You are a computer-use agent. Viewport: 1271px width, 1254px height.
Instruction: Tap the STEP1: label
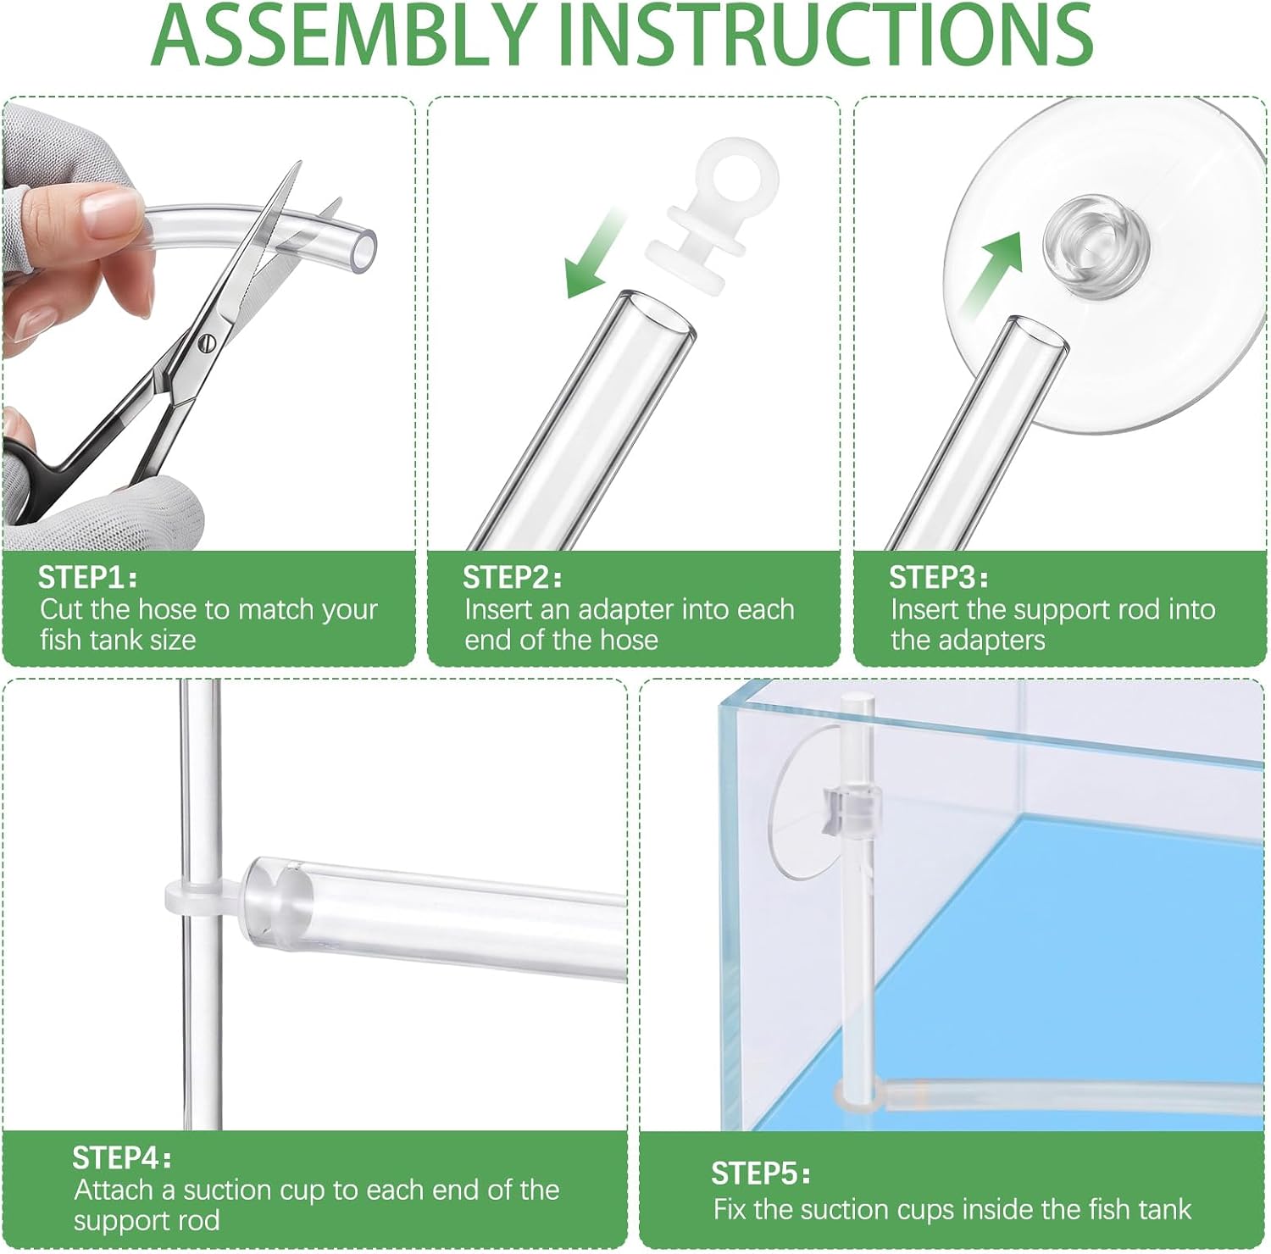tap(87, 577)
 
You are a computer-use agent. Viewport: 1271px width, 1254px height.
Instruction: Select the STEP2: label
tap(512, 577)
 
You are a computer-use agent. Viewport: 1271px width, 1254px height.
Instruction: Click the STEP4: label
tap(122, 1157)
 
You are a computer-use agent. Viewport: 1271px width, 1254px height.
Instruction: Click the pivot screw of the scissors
tap(208, 343)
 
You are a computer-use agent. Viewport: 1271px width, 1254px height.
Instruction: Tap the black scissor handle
tap(34, 474)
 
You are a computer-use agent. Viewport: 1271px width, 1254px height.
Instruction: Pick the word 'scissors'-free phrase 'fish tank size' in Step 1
tap(118, 639)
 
